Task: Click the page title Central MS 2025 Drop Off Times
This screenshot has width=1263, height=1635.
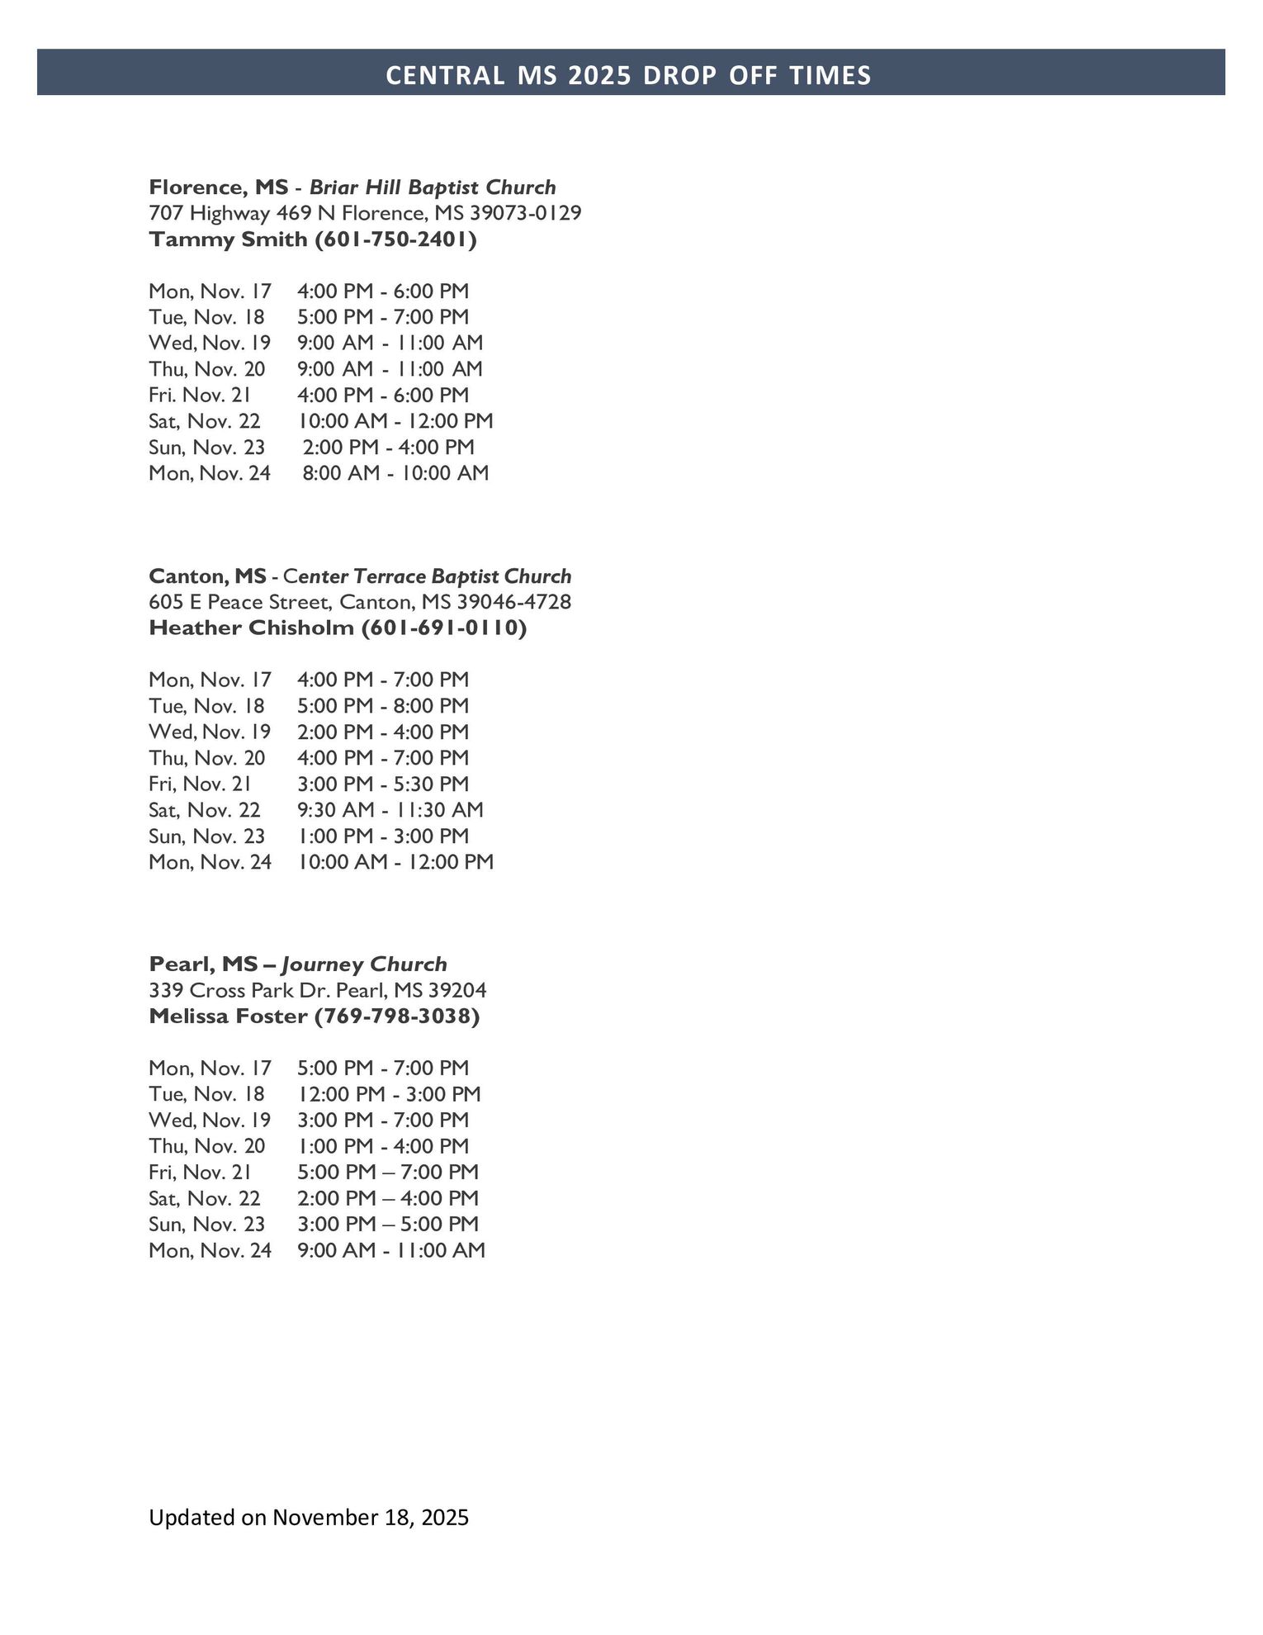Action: pyautogui.click(x=628, y=75)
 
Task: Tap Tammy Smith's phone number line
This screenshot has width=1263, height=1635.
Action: pyautogui.click(x=313, y=239)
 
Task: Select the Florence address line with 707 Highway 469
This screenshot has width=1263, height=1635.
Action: pyautogui.click(x=365, y=213)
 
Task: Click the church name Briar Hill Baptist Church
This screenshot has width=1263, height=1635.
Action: pyautogui.click(x=433, y=187)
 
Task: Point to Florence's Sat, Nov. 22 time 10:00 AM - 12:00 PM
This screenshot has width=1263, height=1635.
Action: pyautogui.click(x=395, y=421)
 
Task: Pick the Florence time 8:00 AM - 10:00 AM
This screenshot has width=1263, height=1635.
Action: pyautogui.click(x=395, y=473)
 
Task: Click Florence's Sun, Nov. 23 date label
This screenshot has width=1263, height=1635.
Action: pyautogui.click(x=206, y=448)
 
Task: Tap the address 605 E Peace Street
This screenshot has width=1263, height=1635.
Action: pyautogui.click(x=360, y=602)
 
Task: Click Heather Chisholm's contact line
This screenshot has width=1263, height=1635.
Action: pyautogui.click(x=338, y=628)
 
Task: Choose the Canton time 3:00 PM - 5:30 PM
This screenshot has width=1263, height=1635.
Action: pyautogui.click(x=383, y=784)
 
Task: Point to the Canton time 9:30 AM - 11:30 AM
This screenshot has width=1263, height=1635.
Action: pyautogui.click(x=390, y=810)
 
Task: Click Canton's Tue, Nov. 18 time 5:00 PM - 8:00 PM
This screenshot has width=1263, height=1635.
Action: pyautogui.click(x=383, y=706)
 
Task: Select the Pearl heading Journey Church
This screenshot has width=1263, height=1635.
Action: pyautogui.click(x=364, y=964)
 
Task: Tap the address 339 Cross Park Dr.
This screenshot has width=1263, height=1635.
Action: pyautogui.click(x=318, y=990)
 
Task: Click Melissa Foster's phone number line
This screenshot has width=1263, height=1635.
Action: pyautogui.click(x=314, y=1017)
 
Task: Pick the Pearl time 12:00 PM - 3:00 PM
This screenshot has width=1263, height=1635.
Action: pyautogui.click(x=389, y=1094)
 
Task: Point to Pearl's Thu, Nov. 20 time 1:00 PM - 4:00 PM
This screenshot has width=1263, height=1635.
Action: pyautogui.click(x=383, y=1146)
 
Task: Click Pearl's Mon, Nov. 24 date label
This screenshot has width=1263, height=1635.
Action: pyautogui.click(x=210, y=1250)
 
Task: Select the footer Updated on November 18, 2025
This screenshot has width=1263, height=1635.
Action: pyautogui.click(x=309, y=1518)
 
